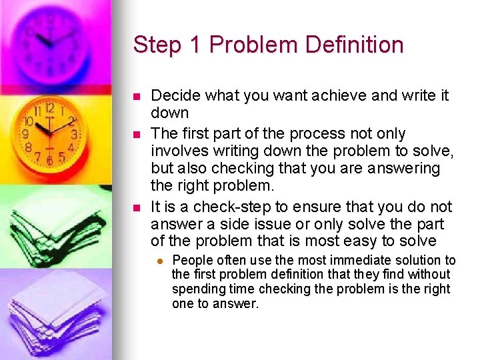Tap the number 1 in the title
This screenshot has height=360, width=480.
195,45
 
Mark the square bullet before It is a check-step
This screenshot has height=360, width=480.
137,207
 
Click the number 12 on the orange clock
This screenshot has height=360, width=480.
49,108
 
